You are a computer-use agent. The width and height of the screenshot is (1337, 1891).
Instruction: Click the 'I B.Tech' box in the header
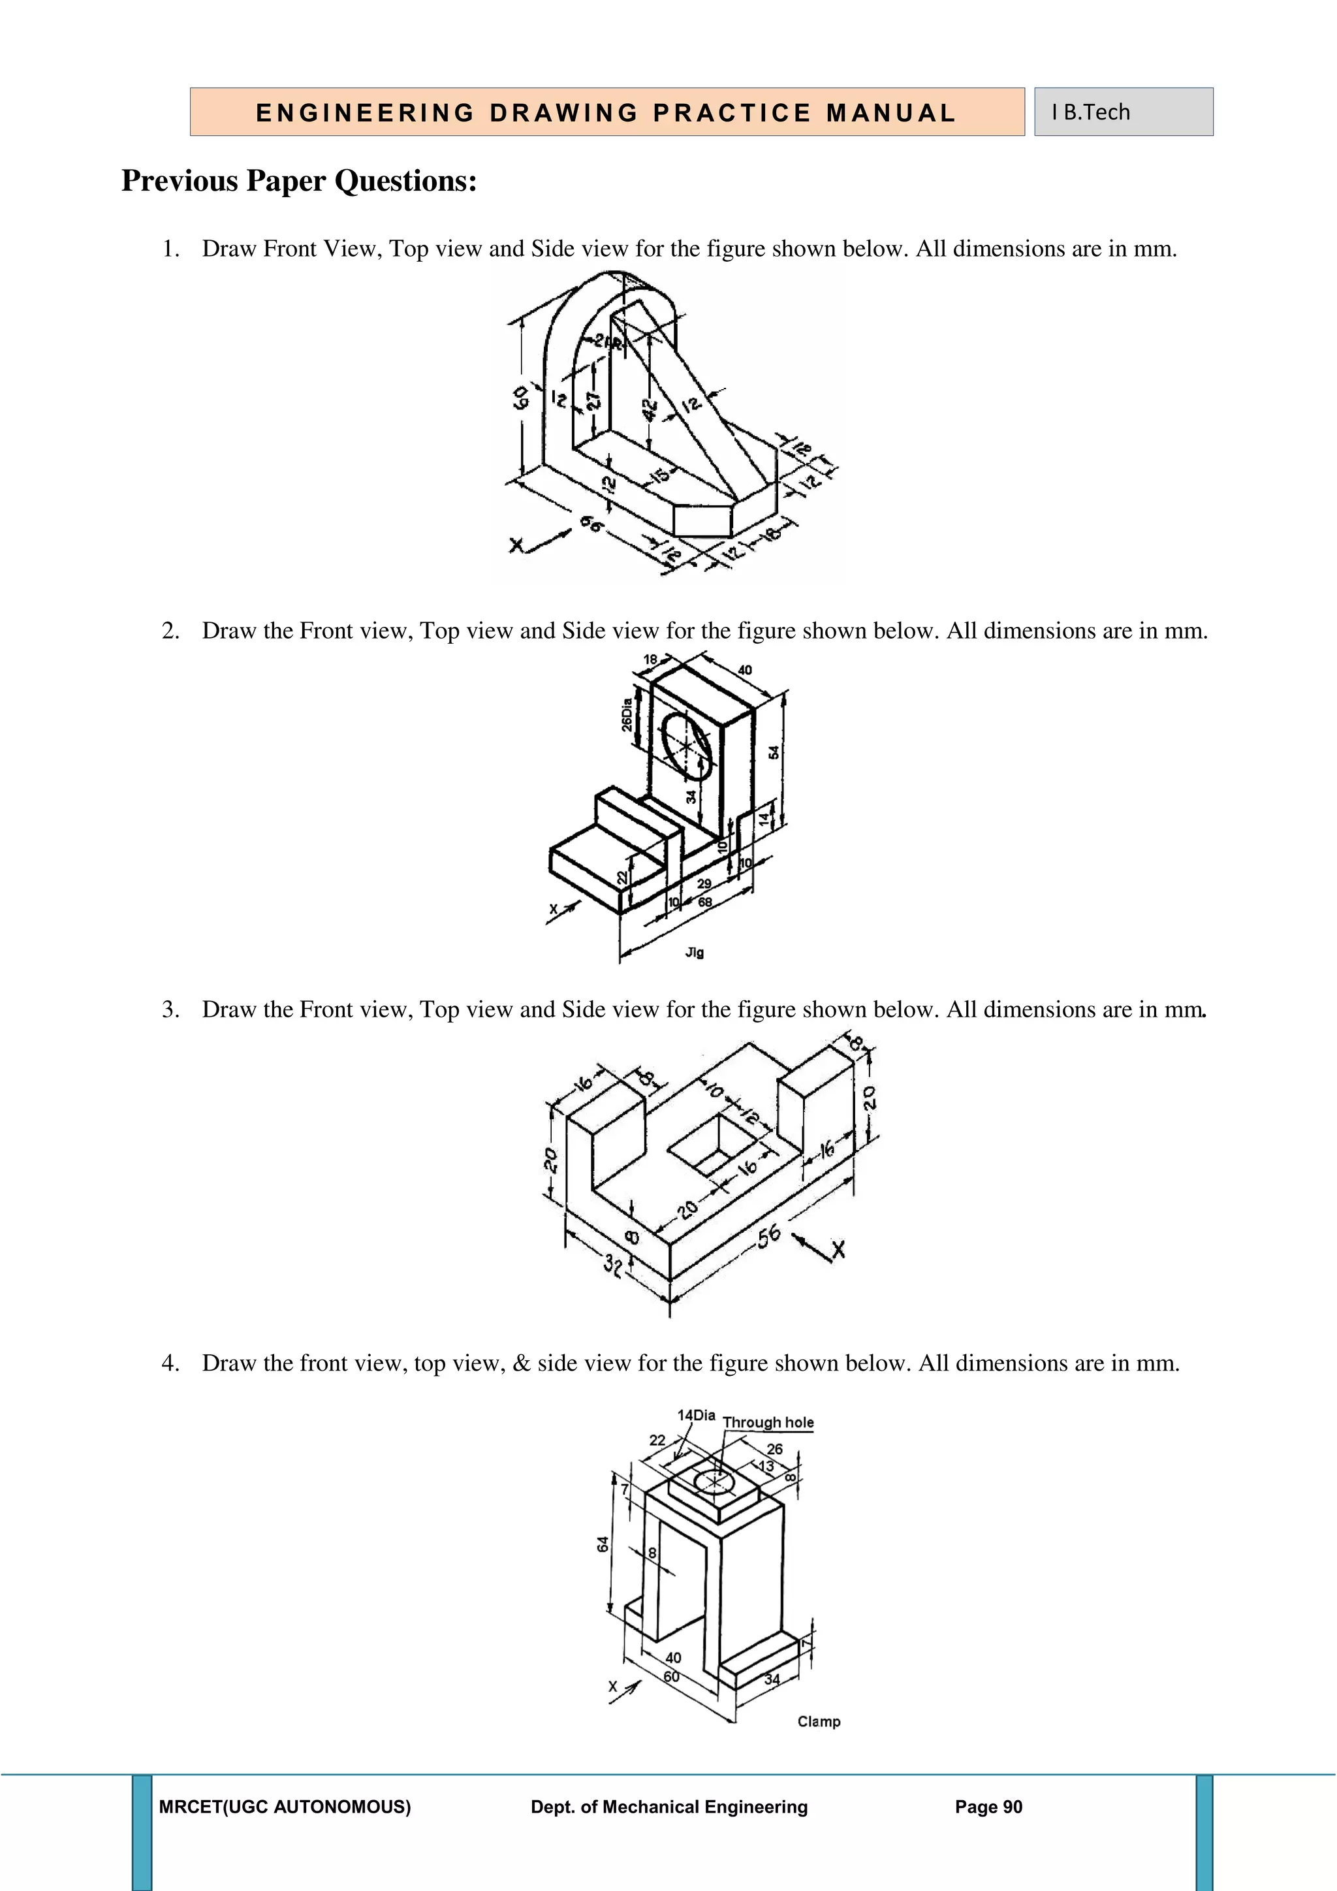(1123, 112)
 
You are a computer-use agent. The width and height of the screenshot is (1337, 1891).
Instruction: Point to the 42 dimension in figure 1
(650, 409)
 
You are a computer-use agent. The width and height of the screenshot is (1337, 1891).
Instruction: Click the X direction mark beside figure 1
(517, 545)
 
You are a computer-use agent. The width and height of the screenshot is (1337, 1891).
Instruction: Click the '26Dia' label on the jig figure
(627, 714)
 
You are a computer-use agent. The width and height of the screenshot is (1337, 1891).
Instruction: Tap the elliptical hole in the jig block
(687, 745)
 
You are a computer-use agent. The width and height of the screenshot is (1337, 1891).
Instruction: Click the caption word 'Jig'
(694, 952)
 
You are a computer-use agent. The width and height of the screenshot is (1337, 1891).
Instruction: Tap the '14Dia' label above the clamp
(696, 1415)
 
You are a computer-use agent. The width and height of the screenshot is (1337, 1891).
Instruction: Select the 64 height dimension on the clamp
(603, 1544)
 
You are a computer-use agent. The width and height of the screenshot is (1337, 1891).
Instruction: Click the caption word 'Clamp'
(819, 1721)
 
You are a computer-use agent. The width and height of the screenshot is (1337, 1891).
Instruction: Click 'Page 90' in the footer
(988, 1807)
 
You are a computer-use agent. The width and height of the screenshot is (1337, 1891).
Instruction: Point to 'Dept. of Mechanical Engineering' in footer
(668, 1807)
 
